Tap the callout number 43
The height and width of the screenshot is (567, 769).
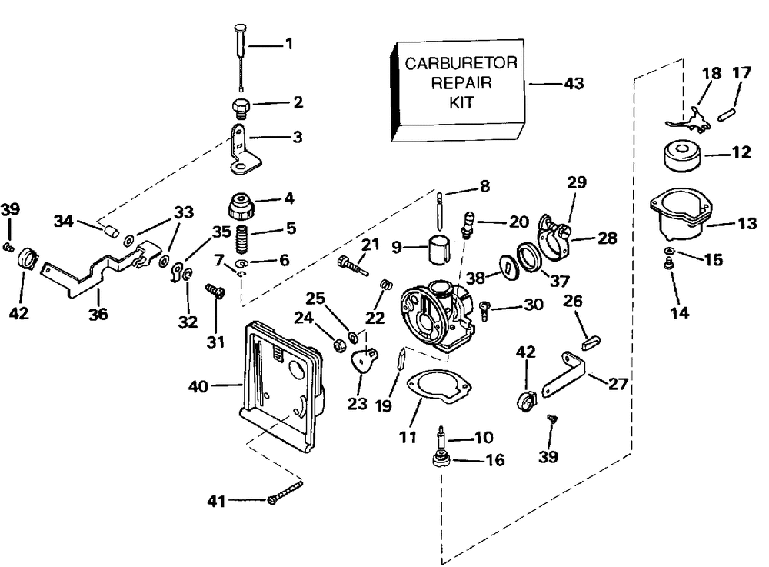[x=574, y=83]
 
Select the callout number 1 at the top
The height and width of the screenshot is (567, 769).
[x=289, y=45]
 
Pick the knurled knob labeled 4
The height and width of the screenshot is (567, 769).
[x=241, y=206]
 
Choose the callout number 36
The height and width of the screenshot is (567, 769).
[x=98, y=315]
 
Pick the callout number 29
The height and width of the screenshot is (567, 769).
[x=578, y=182]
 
